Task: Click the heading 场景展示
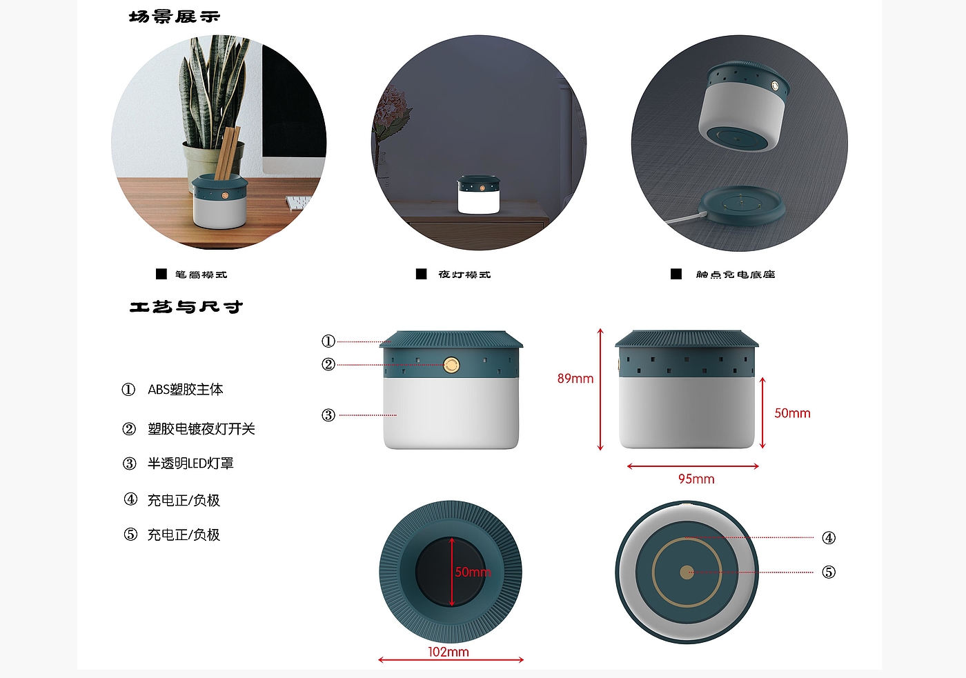tap(174, 17)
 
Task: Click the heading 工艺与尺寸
tap(186, 306)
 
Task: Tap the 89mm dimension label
tap(575, 379)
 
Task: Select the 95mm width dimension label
tap(696, 479)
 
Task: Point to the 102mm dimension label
tap(448, 652)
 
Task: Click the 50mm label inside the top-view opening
tap(473, 572)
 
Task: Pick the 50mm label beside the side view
tap(792, 413)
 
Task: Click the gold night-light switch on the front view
tap(451, 365)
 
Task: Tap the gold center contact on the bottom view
tap(687, 572)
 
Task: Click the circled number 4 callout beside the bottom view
tap(829, 538)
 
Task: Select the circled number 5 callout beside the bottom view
tap(829, 572)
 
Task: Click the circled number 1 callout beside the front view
tap(328, 341)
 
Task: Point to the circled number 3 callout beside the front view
tap(328, 415)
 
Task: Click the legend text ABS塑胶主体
tap(186, 390)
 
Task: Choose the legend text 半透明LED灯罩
tap(190, 463)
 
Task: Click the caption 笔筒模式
tap(201, 275)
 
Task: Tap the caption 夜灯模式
tap(464, 275)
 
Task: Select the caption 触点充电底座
tap(736, 275)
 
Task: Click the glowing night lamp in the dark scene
tap(479, 194)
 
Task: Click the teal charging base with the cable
tap(742, 205)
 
